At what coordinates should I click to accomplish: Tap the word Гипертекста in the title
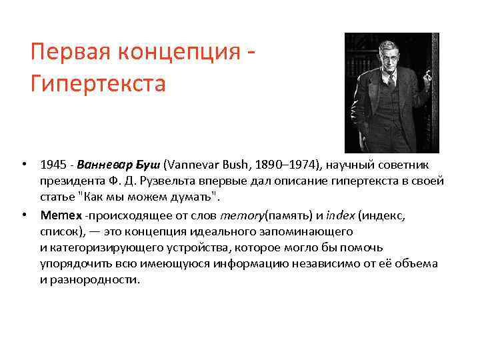coord(97,85)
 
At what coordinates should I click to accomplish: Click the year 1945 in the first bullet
coord(51,165)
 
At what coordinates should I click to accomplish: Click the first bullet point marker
coord(23,165)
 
